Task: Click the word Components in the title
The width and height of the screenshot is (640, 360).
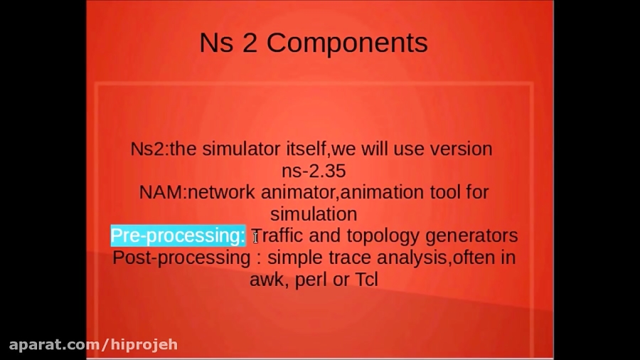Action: click(347, 43)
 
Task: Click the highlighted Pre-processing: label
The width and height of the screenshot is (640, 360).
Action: click(178, 235)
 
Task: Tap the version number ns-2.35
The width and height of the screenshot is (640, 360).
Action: click(314, 171)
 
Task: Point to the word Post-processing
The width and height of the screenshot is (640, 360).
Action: click(181, 257)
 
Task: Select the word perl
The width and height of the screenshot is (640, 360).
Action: click(311, 279)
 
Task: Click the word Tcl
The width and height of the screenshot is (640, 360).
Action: click(366, 279)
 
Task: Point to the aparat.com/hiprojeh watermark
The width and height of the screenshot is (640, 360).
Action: click(93, 345)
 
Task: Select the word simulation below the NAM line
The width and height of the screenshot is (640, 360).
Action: click(314, 214)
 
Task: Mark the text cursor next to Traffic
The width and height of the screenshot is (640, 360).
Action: click(255, 238)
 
